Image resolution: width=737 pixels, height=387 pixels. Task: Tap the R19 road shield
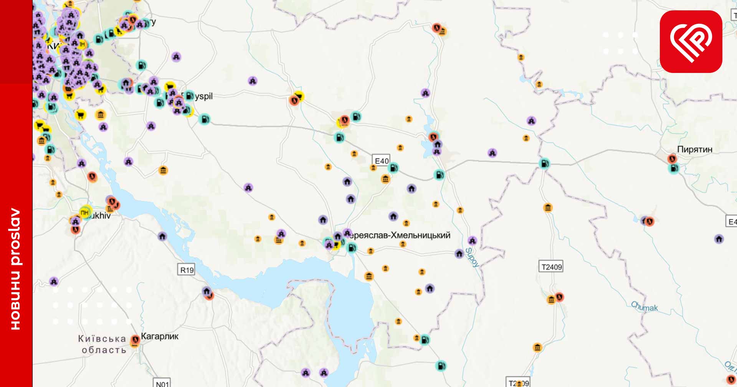pos(187,270)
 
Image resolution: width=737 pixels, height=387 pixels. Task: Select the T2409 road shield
pos(551,267)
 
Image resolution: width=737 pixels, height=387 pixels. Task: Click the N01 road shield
pos(162,383)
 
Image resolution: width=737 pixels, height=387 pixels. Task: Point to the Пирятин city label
pos(694,149)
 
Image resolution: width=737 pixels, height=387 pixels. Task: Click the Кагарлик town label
pos(160,336)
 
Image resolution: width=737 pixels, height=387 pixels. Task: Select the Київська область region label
pos(102,344)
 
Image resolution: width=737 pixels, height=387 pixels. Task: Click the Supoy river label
pos(472,257)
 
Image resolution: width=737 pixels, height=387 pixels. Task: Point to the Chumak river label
pos(644,307)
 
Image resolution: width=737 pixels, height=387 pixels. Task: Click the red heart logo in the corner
pos(691,41)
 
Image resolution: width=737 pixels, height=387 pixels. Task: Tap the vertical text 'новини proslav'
pos(15,269)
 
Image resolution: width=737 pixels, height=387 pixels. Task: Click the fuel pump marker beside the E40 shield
pos(394,168)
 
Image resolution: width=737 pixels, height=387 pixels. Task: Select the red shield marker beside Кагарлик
pos(135,340)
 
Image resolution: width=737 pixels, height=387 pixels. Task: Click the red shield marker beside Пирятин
pos(672,159)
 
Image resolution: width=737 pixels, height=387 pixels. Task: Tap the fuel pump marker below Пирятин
pos(674,168)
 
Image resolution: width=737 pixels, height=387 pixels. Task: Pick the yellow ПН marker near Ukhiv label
pos(85,212)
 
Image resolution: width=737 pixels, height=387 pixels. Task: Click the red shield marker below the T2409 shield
pos(559,297)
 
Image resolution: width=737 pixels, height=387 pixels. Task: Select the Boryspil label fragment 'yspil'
pos(203,96)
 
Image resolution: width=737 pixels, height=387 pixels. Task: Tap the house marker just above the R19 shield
pos(162,236)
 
